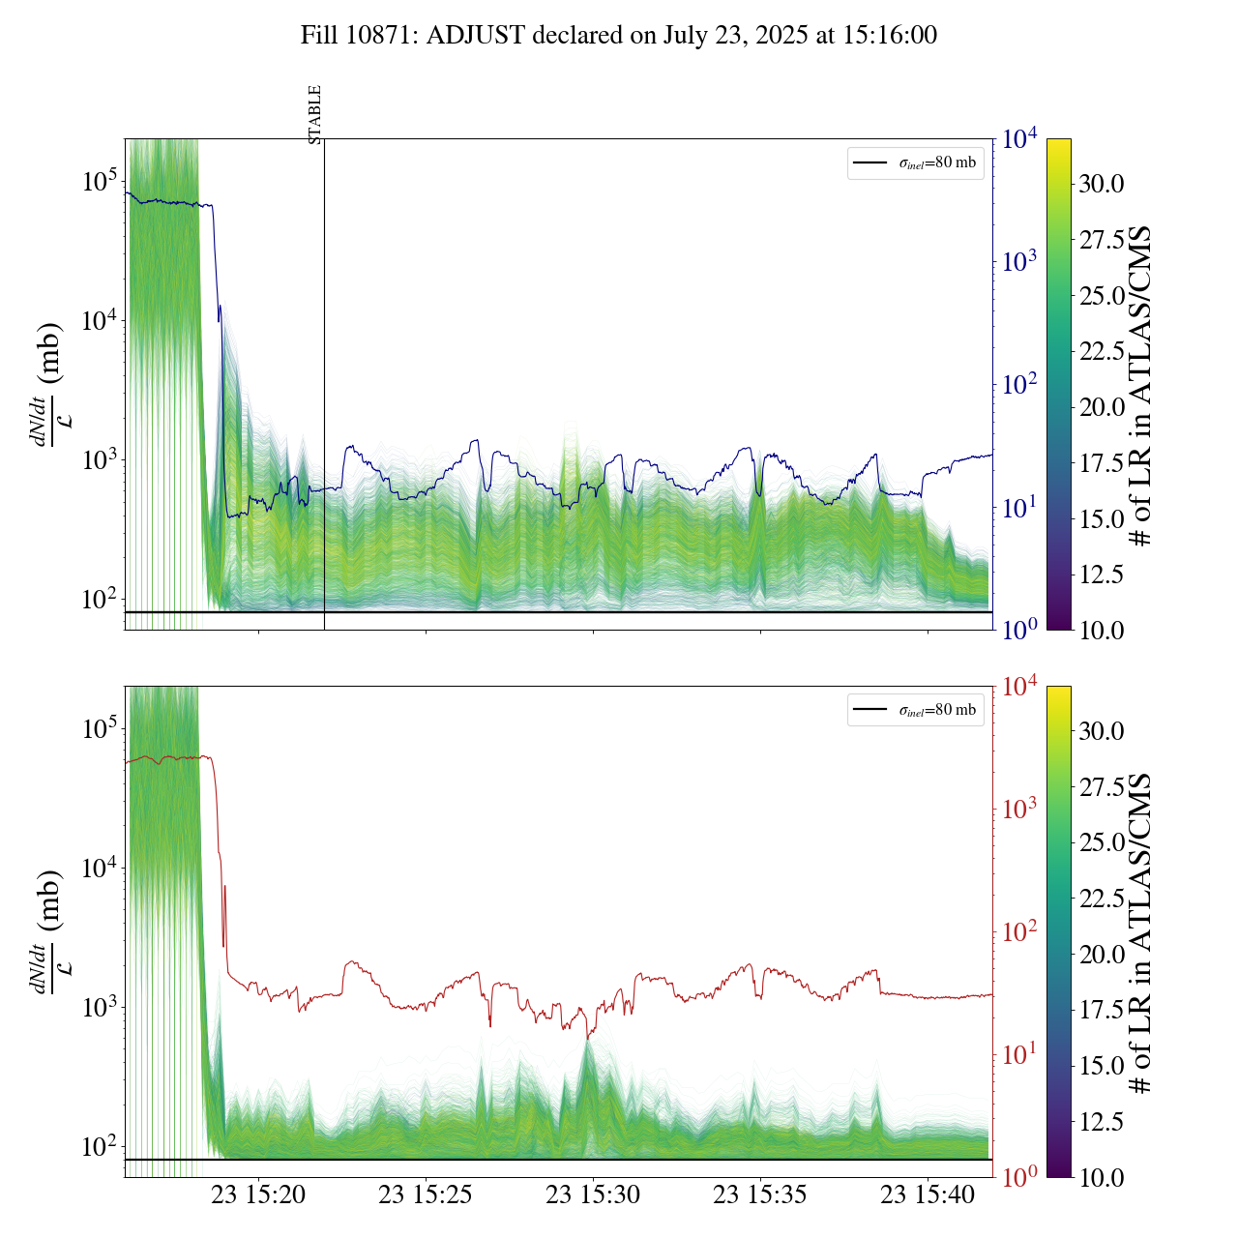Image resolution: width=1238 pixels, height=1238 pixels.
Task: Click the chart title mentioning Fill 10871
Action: click(x=619, y=36)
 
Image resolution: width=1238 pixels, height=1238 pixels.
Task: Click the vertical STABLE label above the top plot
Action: click(x=315, y=114)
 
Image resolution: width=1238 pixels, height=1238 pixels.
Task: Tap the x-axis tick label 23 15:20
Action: click(x=258, y=1195)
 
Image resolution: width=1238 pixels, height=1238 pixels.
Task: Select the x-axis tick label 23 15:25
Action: click(x=426, y=1195)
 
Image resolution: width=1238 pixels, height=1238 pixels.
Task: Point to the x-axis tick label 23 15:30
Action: click(x=593, y=1195)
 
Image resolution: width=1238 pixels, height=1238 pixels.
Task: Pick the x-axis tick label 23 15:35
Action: click(x=760, y=1195)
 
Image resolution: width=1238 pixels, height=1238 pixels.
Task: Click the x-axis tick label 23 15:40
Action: click(x=928, y=1195)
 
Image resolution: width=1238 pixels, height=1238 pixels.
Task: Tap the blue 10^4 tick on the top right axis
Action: click(x=1019, y=139)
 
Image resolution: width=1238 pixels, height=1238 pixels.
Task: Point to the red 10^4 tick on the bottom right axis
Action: click(x=1019, y=687)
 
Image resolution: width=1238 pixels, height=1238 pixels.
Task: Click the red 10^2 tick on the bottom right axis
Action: click(x=1019, y=932)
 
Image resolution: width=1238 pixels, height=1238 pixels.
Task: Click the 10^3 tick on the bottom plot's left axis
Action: click(x=100, y=1007)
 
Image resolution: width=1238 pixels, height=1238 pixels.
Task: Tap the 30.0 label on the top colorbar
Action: click(x=1102, y=184)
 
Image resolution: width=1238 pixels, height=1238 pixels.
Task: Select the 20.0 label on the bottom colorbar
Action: click(x=1102, y=955)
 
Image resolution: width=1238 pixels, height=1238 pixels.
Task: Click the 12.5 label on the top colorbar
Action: click(x=1102, y=575)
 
